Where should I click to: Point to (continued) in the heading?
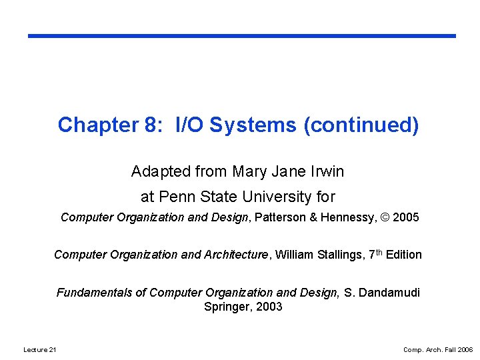tap(361, 125)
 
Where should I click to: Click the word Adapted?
tap(160, 172)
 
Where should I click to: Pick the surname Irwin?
tap(327, 172)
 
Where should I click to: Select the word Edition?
tap(403, 255)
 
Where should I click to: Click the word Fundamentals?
tap(100, 293)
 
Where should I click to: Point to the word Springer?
tap(225, 307)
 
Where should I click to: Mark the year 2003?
tap(268, 307)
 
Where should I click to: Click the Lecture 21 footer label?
tap(40, 349)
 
